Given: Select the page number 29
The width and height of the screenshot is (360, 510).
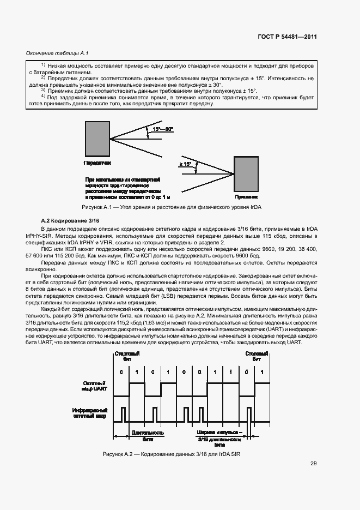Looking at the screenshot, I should point(314,464).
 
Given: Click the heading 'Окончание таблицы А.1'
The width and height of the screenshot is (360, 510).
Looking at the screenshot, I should point(50,53).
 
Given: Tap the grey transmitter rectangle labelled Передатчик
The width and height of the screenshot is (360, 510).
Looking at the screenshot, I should point(97,139).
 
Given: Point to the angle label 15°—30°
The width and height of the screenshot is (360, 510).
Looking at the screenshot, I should point(163,129).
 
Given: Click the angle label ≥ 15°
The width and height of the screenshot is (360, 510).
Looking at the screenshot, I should point(185,164).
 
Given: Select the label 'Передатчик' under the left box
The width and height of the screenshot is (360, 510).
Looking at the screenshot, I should point(97,163).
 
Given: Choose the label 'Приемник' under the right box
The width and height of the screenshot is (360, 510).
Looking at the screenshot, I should point(246,197).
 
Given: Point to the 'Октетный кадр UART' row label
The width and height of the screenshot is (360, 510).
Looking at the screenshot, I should point(93,387).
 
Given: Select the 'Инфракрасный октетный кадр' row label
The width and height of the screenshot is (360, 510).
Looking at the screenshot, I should point(90,413).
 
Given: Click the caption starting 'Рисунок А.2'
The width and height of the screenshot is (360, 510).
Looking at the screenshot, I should point(171,454).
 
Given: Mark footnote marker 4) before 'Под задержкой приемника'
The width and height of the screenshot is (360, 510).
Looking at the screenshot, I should point(43,97).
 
